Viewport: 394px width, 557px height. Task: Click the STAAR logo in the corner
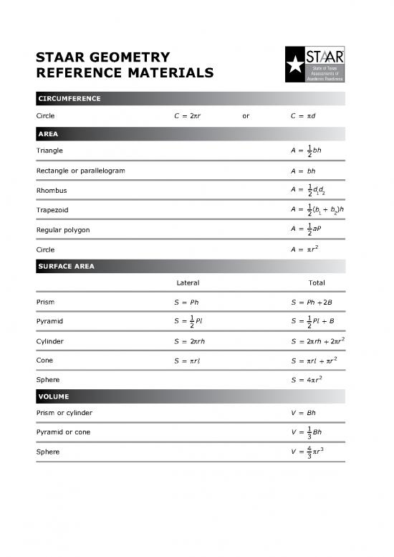(314, 65)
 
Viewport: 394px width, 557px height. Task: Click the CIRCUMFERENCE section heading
(69, 98)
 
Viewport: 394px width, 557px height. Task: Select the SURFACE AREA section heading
(65, 267)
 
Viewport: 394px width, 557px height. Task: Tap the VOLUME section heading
(54, 396)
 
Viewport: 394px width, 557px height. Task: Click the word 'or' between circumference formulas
(246, 115)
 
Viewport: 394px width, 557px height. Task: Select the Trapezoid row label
(53, 210)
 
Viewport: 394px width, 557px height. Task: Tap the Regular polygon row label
(63, 230)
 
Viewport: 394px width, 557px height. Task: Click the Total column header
(316, 282)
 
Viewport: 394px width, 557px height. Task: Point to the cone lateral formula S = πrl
(187, 361)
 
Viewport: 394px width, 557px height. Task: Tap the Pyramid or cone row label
(63, 432)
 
